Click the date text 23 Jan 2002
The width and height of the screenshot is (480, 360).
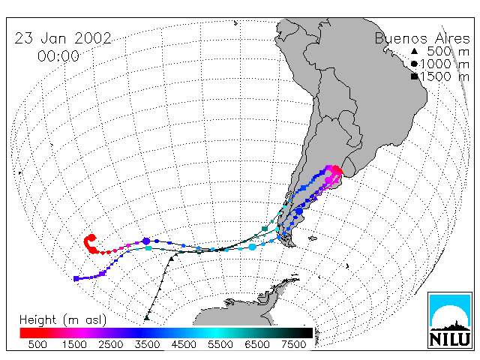tap(63, 38)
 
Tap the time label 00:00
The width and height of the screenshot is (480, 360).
tap(58, 56)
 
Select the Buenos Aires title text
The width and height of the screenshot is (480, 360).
tap(422, 39)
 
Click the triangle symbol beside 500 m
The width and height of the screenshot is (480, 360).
tap(414, 51)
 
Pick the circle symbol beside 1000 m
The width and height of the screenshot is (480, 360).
tap(414, 64)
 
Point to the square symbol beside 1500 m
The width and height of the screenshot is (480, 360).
tap(414, 76)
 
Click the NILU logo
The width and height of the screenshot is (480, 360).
tap(450, 320)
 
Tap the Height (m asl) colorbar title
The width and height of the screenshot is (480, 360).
tap(63, 320)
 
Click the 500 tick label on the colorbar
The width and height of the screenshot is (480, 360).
tap(37, 344)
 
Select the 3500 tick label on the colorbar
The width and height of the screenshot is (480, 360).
tap(147, 344)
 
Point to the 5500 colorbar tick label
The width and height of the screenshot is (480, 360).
tap(220, 344)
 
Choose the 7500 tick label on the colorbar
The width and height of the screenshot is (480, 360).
tap(293, 344)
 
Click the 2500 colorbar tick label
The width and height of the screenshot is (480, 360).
tap(111, 344)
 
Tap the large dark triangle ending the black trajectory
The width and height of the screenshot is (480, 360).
tap(147, 317)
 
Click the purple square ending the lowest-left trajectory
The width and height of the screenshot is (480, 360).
tap(76, 278)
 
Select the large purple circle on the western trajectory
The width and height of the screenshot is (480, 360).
tap(146, 241)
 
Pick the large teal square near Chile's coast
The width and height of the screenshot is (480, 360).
tap(265, 229)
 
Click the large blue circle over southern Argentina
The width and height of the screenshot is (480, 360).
tap(299, 211)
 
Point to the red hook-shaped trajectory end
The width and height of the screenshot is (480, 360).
tap(91, 244)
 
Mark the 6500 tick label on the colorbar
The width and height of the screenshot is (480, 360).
tap(257, 344)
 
